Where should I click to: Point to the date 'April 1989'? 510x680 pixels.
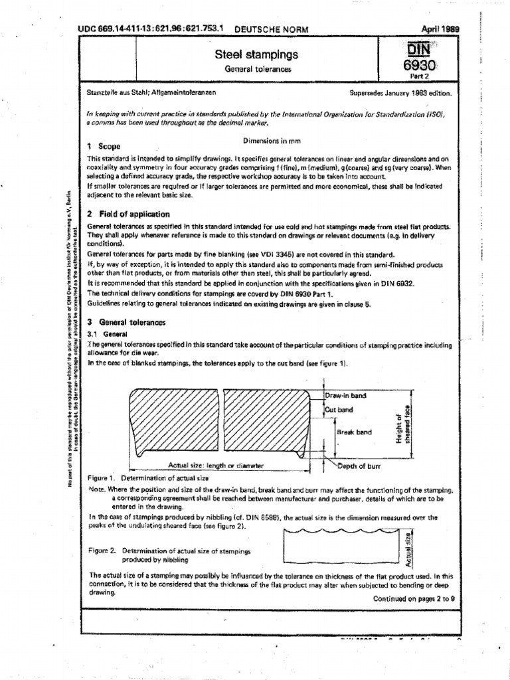(441, 29)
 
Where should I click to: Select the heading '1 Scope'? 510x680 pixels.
(105, 145)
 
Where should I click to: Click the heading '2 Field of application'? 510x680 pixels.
(129, 214)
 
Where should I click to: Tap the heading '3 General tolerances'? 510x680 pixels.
(126, 322)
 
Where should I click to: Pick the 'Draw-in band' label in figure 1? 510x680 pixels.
(345, 396)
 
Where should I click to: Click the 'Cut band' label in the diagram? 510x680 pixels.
(339, 410)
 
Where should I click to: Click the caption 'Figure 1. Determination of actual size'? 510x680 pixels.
(144, 478)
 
